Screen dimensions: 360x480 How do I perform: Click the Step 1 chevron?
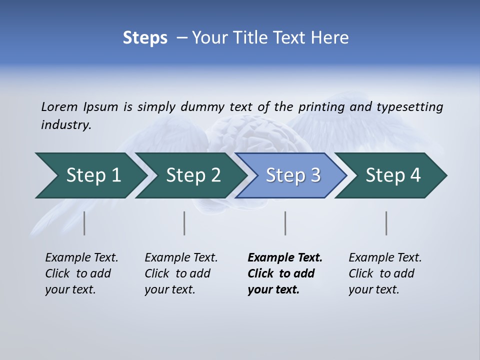point(90,175)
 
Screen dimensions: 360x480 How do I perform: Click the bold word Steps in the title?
point(145,37)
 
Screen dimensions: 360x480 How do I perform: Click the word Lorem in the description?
point(59,106)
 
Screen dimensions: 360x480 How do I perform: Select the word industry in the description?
point(65,125)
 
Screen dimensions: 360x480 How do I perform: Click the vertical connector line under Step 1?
point(84,223)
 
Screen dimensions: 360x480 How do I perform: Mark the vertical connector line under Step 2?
point(184,223)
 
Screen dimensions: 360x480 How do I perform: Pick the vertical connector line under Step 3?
point(285,223)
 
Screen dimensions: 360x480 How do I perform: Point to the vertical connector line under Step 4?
point(386,223)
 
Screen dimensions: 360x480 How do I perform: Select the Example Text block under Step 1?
point(81,273)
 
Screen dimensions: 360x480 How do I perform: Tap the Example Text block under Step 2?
point(180,273)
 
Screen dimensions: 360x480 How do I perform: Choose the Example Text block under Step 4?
point(384,273)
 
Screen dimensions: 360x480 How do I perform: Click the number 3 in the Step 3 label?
point(315,175)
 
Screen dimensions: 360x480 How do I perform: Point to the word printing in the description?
point(321,107)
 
